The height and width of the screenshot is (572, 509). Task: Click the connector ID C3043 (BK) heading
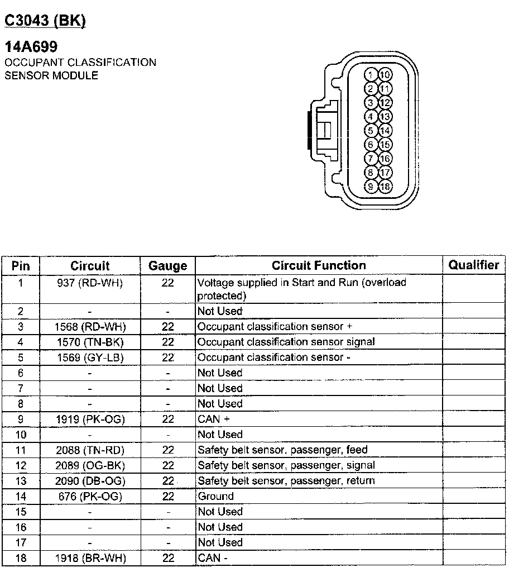pyautogui.click(x=45, y=21)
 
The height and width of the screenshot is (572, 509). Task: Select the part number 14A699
pyautogui.click(x=31, y=47)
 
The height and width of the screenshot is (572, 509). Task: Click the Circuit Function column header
pyautogui.click(x=319, y=265)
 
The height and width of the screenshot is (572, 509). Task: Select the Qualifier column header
pyautogui.click(x=474, y=265)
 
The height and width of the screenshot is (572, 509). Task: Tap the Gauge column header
pyautogui.click(x=167, y=266)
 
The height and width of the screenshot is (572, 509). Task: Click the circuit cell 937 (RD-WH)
pyautogui.click(x=90, y=283)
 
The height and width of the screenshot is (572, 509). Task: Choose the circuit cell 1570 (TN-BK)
pyautogui.click(x=90, y=342)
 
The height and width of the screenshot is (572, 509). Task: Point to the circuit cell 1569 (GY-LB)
pyautogui.click(x=90, y=357)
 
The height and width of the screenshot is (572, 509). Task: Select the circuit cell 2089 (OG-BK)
pyautogui.click(x=90, y=465)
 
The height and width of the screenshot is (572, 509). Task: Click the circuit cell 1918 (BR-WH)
pyautogui.click(x=90, y=558)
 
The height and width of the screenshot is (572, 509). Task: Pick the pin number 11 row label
pyautogui.click(x=21, y=450)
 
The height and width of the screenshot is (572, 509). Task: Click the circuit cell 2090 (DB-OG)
pyautogui.click(x=90, y=481)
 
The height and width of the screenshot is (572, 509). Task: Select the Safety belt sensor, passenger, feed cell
pyautogui.click(x=282, y=450)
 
